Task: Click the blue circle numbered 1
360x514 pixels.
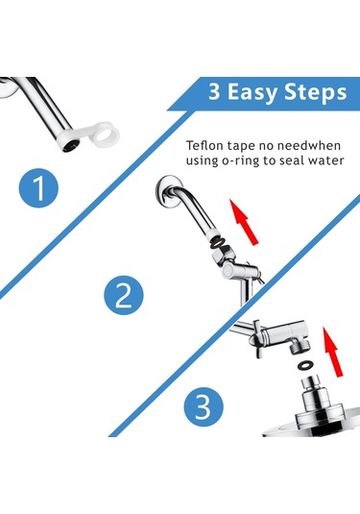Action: pos(38,188)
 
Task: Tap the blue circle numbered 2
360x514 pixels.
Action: pos(124,295)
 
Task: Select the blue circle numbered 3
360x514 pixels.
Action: pos(204,407)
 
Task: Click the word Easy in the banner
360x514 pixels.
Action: pos(252,92)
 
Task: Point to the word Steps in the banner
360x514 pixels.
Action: pos(316,92)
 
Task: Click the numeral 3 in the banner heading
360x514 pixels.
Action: pos(214,91)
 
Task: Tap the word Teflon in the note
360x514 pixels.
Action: pos(203,145)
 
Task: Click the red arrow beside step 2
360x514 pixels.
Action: pos(244,222)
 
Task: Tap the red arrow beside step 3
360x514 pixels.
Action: pos(332,352)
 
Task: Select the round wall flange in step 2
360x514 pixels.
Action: pos(166,191)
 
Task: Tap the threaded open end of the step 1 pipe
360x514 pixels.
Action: pos(71,144)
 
